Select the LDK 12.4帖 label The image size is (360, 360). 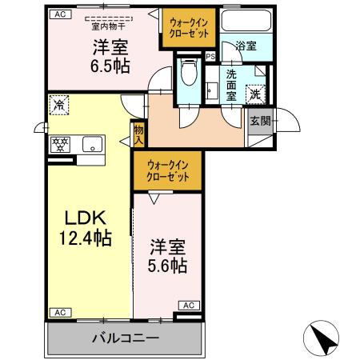[x=82, y=226]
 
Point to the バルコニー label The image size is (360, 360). [x=124, y=338]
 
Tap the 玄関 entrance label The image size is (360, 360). [x=259, y=121]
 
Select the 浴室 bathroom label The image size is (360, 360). [x=246, y=46]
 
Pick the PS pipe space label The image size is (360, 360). [x=210, y=57]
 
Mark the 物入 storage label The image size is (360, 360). [x=138, y=134]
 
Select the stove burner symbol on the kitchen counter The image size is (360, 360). [x=59, y=145]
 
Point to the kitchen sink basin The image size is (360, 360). [x=91, y=145]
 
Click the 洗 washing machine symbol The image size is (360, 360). [x=255, y=93]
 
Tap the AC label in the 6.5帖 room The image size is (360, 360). [x=58, y=14]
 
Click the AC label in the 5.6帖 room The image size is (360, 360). [x=189, y=305]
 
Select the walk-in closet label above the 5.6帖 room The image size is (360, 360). [x=167, y=170]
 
